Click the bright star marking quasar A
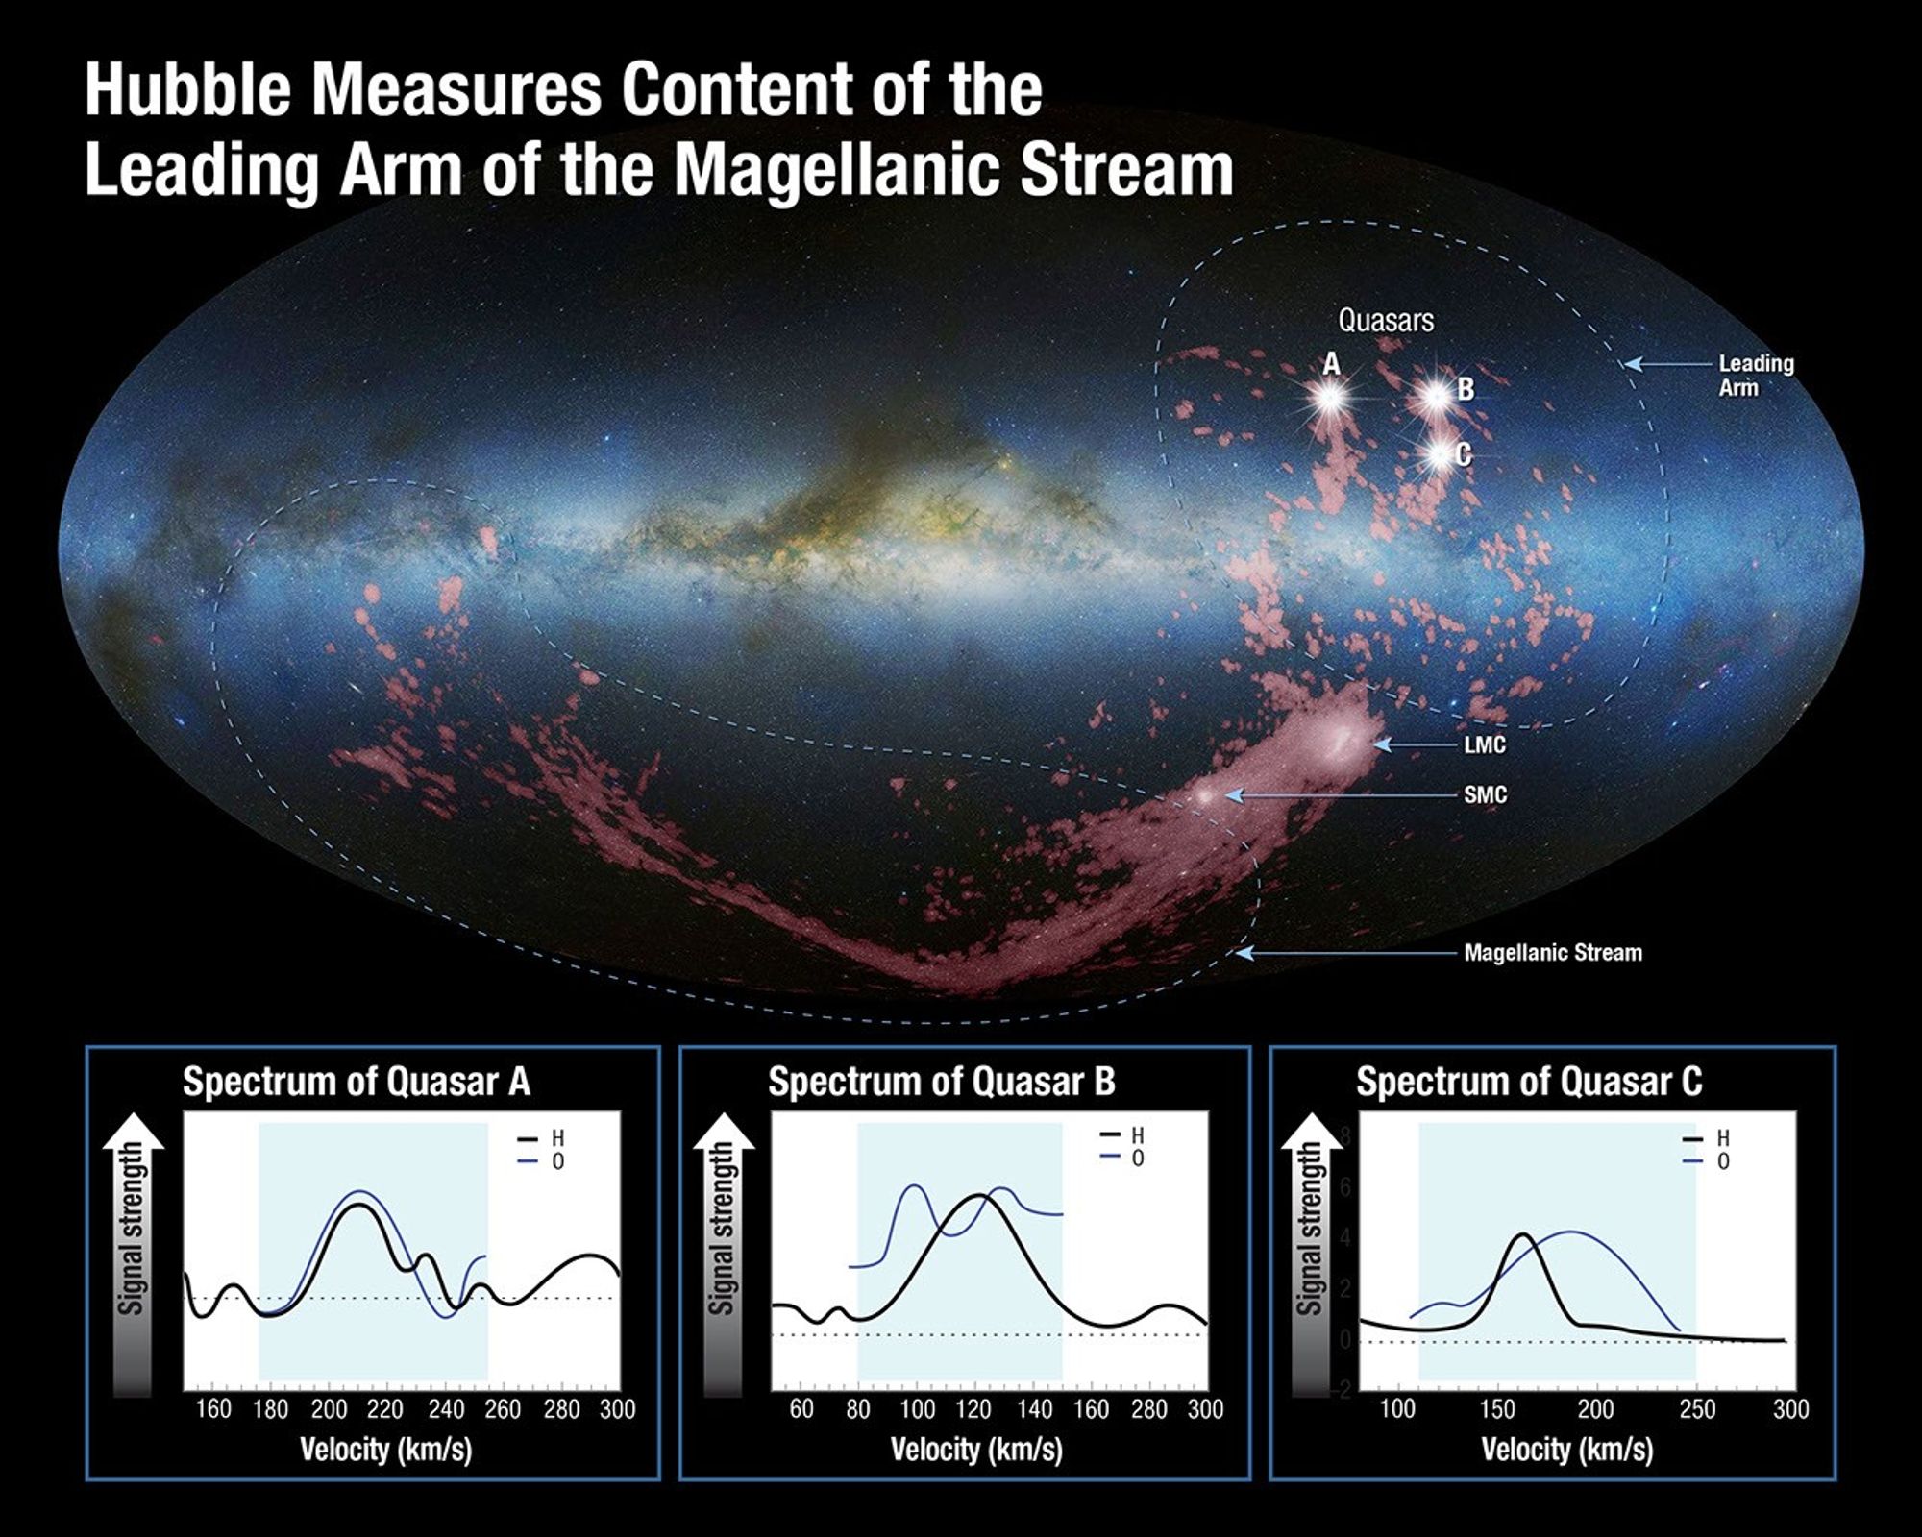(x=1330, y=397)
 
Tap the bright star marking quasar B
(x=1437, y=396)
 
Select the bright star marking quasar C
(x=1439, y=453)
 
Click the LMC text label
(x=1485, y=744)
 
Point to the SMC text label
(x=1485, y=794)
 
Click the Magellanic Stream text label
(x=1552, y=953)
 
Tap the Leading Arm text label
(x=1755, y=376)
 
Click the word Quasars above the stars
(x=1385, y=320)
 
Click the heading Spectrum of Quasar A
(x=356, y=1082)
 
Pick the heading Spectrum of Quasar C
(x=1528, y=1082)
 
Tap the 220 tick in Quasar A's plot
(x=384, y=1409)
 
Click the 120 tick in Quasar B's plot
(x=973, y=1409)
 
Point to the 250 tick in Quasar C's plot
(x=1697, y=1409)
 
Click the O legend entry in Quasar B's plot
(x=1138, y=1159)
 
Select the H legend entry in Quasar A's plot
(x=557, y=1138)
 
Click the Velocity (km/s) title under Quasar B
(x=976, y=1449)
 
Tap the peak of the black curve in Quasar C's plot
(x=1523, y=1235)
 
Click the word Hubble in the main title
(x=187, y=89)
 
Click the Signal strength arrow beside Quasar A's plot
(x=133, y=1254)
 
